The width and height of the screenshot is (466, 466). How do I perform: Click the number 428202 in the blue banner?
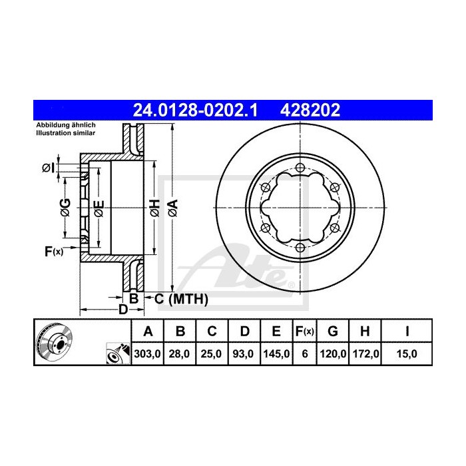[312, 109]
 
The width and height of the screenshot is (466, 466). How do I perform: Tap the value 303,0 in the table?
[148, 354]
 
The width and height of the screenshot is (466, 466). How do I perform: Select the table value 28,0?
[180, 354]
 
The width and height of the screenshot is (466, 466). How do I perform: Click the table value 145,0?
[276, 354]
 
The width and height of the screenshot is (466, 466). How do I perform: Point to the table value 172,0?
[366, 354]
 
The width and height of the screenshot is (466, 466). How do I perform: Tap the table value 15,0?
[407, 354]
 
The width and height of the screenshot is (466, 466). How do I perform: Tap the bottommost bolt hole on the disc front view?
[300, 248]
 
